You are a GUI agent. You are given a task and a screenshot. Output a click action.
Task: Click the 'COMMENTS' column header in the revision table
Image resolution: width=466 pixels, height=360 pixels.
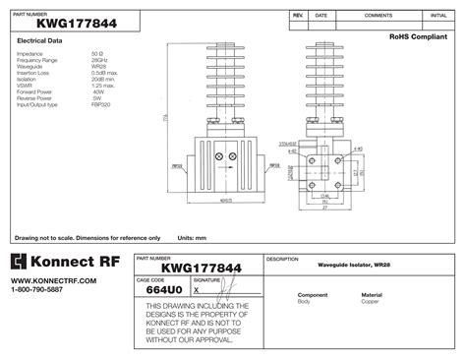379,16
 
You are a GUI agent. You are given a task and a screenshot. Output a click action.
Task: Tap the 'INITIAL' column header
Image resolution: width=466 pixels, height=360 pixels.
438,16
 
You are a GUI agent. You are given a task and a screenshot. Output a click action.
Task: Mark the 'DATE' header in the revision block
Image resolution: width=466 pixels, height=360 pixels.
320,16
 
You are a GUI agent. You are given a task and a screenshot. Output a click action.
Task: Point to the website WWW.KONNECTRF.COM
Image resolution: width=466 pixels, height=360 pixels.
40,280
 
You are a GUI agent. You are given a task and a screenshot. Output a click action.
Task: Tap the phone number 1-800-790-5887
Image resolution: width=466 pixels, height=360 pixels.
36,289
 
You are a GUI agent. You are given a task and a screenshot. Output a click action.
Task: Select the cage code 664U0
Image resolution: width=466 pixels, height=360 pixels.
162,290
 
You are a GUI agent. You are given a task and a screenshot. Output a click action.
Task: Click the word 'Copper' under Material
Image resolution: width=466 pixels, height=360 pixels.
370,302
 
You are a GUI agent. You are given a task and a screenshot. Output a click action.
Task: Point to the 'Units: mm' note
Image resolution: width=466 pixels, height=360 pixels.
192,237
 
